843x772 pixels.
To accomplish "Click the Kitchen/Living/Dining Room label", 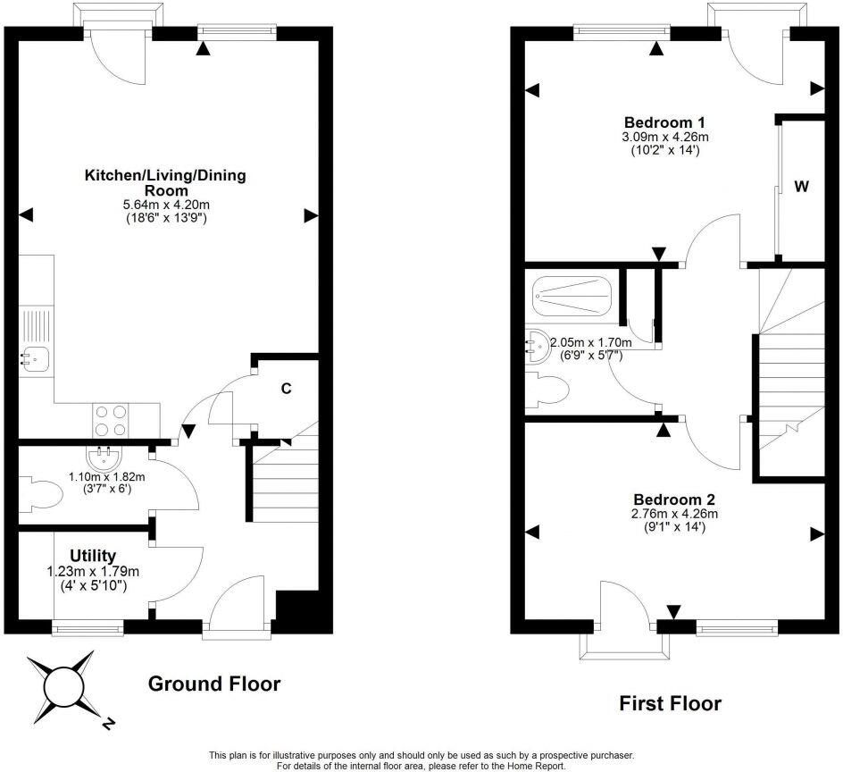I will coord(164,182).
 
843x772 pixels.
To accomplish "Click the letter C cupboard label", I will coord(287,389).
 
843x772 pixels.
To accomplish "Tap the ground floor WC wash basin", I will coord(105,457).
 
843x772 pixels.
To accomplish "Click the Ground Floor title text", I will coord(213,684).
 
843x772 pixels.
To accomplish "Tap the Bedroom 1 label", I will coord(665,122).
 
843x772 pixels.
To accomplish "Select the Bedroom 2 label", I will coord(674,499).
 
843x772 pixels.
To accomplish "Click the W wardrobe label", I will coord(802,187).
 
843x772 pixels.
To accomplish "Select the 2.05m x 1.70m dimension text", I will coord(590,342).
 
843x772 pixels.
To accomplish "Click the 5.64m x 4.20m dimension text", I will coord(164,205).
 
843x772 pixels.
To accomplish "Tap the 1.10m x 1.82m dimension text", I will coord(106,477).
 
